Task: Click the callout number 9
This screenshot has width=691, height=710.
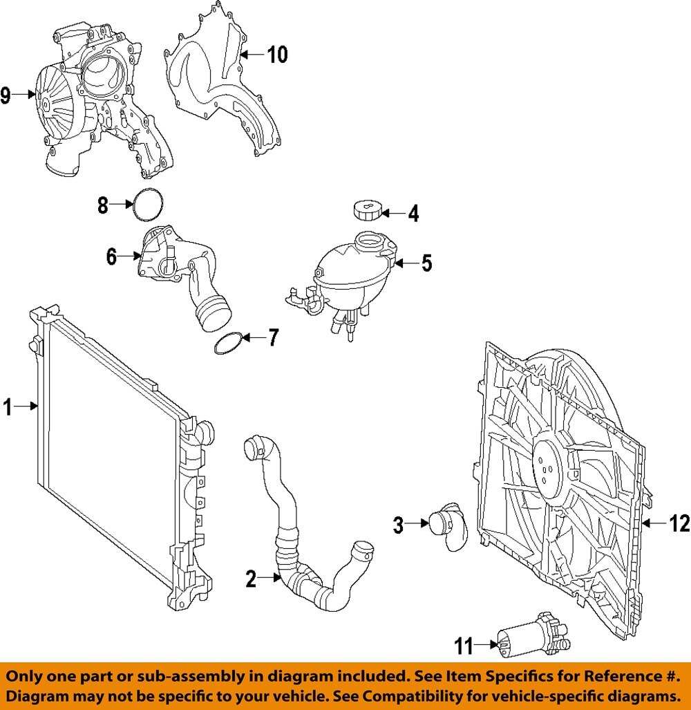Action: click(6, 95)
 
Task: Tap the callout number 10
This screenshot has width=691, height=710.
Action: click(277, 55)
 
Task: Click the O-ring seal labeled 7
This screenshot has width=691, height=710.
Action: click(229, 344)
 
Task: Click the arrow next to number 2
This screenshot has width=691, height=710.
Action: click(268, 579)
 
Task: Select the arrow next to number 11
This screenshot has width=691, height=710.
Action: click(487, 646)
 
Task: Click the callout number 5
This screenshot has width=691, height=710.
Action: click(426, 263)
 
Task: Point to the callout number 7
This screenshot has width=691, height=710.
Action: click(273, 338)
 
